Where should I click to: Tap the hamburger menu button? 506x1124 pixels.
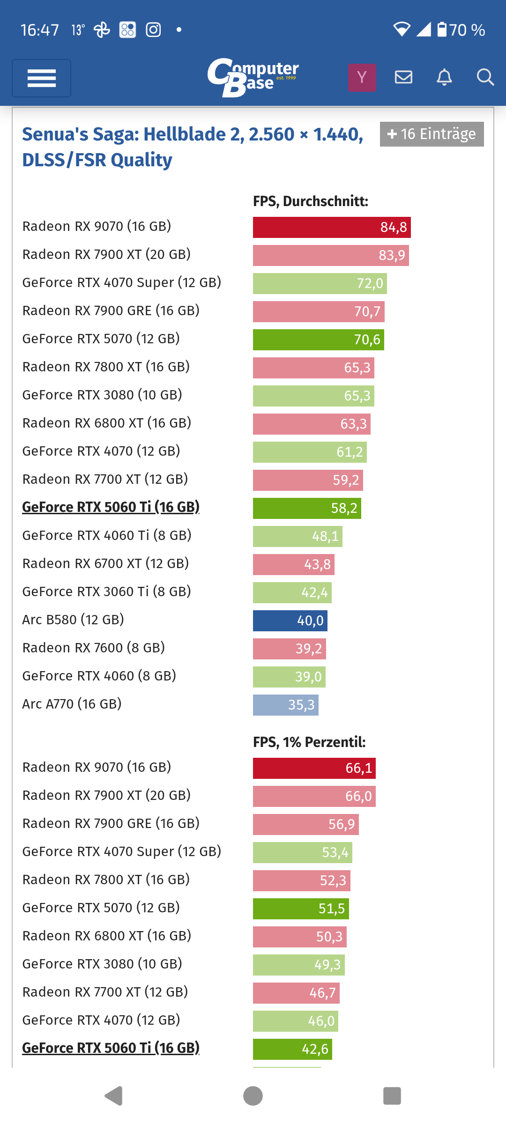[x=41, y=78]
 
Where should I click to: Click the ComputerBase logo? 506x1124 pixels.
[x=253, y=77]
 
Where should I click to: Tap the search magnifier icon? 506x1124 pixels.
[x=485, y=77]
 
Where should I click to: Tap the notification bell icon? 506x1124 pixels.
[x=444, y=77]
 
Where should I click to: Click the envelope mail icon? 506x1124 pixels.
[x=403, y=77]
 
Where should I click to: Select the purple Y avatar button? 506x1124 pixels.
[x=362, y=77]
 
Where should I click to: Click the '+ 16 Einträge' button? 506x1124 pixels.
[x=432, y=134]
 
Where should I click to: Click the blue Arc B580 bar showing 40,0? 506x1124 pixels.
[x=290, y=621]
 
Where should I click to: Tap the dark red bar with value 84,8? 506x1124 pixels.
[x=332, y=227]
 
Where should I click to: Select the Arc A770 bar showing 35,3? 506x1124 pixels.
[x=285, y=705]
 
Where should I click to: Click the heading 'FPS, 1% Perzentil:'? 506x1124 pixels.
[x=309, y=742]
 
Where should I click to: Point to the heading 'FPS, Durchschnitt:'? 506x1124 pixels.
[x=311, y=201]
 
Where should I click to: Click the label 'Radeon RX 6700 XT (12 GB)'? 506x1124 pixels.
[x=105, y=563]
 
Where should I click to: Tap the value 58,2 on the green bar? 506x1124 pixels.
[x=344, y=508]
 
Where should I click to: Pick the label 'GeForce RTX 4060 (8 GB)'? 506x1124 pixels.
[x=99, y=676]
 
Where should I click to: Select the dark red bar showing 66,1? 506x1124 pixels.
[x=314, y=768]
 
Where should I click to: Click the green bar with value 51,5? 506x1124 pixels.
[x=301, y=909]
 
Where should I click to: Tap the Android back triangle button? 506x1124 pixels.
[x=113, y=1096]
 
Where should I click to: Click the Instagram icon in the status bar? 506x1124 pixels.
[x=153, y=30]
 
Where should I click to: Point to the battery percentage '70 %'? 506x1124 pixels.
[x=467, y=30]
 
